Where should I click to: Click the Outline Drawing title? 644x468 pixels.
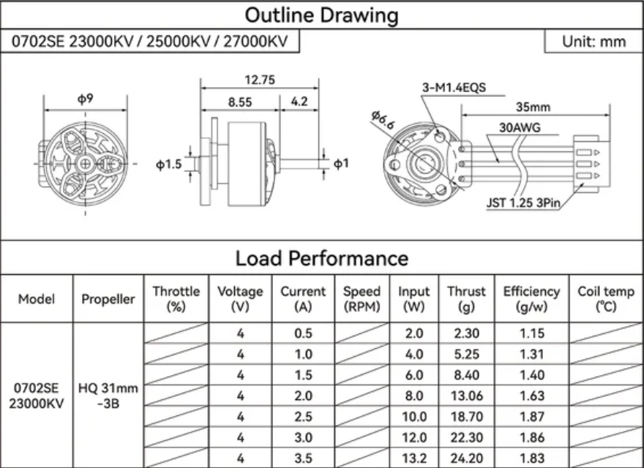(321, 15)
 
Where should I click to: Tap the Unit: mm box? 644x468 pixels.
(594, 42)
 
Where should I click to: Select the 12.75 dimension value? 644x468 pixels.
(260, 80)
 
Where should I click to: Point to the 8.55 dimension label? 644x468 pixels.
(240, 102)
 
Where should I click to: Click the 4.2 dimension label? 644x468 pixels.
(299, 102)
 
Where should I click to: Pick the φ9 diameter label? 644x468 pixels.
(86, 99)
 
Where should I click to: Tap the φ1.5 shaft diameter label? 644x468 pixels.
(169, 165)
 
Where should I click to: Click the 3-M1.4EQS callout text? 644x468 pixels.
(454, 88)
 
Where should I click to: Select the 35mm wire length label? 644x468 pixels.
(533, 107)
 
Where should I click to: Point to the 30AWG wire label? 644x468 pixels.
(520, 128)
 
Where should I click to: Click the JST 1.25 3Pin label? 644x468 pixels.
(523, 203)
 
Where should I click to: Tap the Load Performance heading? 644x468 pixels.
(321, 258)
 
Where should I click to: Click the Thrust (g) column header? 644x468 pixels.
(466, 299)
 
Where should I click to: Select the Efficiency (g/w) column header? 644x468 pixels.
(531, 299)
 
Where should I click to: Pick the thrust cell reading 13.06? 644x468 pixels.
(466, 396)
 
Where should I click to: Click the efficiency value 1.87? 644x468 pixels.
(532, 417)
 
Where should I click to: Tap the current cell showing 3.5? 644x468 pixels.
(303, 458)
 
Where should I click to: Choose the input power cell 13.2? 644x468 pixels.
(413, 458)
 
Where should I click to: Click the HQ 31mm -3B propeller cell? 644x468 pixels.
(108, 396)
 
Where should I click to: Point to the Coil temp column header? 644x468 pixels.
(606, 299)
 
